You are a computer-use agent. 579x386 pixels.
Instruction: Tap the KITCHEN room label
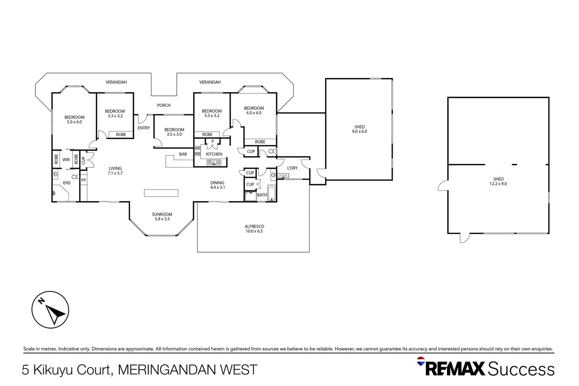(x=214, y=154)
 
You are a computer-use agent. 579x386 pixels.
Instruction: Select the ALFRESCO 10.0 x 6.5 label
(x=254, y=229)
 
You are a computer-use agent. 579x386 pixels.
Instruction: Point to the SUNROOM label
(x=162, y=214)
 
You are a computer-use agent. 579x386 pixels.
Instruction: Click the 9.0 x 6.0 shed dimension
(x=359, y=132)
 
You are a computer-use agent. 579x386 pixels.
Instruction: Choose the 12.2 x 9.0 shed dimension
(x=498, y=184)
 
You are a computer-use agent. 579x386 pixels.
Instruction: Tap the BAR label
(x=183, y=154)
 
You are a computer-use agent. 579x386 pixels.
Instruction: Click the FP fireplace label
(x=84, y=180)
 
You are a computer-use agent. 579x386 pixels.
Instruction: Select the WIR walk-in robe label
(x=66, y=160)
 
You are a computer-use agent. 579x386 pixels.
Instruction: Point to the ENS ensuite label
(x=67, y=183)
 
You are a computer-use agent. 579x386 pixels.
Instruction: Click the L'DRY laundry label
(x=292, y=168)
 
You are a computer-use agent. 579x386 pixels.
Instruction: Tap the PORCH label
(x=164, y=105)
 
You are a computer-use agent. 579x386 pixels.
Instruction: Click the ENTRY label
(x=144, y=128)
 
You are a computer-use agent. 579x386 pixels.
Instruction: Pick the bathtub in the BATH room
(x=272, y=193)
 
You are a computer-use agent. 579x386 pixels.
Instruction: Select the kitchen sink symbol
(x=214, y=163)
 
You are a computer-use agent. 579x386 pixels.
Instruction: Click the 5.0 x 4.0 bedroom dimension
(x=74, y=122)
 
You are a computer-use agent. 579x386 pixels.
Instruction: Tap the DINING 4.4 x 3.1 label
(x=217, y=185)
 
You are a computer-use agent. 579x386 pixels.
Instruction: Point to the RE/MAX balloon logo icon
(x=421, y=361)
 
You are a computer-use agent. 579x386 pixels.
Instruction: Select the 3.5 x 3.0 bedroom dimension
(x=174, y=134)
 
